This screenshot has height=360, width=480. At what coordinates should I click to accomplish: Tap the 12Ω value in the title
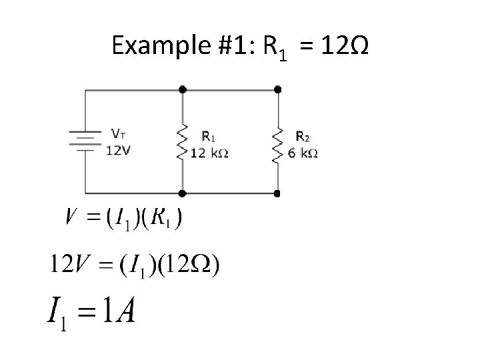click(343, 46)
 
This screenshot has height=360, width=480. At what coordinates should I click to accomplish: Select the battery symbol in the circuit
click(85, 141)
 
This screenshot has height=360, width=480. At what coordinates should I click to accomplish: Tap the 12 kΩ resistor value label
click(209, 153)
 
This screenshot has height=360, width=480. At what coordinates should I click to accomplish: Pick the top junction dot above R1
click(182, 89)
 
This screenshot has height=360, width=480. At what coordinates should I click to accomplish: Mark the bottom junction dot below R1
click(182, 194)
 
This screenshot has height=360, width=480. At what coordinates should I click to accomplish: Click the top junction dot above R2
click(277, 89)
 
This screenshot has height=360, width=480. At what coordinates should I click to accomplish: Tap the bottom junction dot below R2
click(277, 194)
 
